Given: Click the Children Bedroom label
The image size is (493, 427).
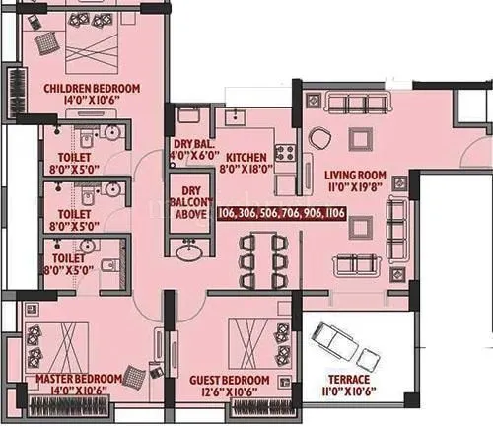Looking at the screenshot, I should pos(92,88).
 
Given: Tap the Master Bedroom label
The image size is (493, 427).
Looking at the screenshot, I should pos(79,379).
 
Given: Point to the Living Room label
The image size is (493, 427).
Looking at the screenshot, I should pos(356,177).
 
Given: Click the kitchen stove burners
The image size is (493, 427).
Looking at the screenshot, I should pos(286,152).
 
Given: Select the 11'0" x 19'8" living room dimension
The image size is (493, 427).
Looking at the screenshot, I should pos(356,190).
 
